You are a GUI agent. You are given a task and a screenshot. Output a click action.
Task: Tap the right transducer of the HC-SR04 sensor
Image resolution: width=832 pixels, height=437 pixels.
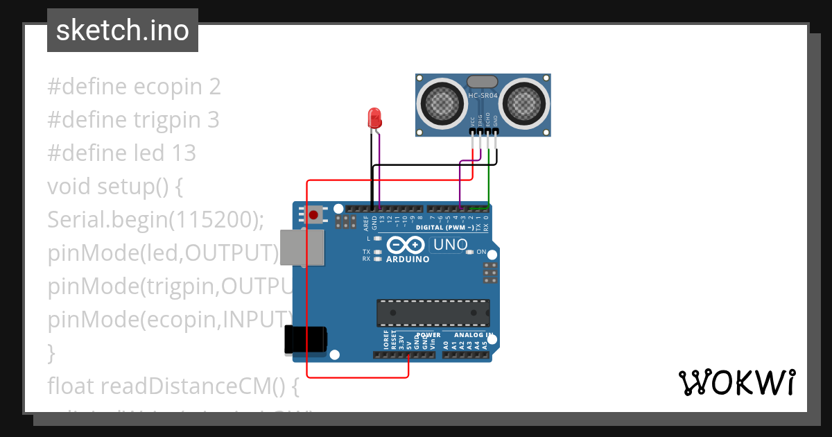[524, 104]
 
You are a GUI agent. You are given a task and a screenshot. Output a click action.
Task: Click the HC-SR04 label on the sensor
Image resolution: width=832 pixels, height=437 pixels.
[483, 96]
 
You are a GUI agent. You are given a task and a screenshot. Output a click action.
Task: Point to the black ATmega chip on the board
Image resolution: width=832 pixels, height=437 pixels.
[433, 313]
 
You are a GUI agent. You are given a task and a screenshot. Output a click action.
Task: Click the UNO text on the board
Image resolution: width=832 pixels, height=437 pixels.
[449, 245]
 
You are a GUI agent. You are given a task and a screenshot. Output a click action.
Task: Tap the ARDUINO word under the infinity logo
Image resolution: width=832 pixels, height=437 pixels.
[408, 259]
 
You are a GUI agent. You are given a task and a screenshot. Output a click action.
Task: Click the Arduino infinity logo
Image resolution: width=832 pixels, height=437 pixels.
[406, 245]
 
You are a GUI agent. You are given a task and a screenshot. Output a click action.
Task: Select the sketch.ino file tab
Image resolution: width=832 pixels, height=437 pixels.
[123, 31]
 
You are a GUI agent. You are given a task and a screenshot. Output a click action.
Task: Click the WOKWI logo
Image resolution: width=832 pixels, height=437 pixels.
[736, 382]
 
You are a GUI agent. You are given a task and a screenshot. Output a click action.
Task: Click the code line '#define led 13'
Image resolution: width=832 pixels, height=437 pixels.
[121, 153]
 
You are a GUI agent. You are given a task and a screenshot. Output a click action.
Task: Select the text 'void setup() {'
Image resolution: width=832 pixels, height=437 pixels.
[114, 187]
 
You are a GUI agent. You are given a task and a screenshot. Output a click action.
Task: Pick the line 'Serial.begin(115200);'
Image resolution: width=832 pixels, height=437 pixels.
[156, 220]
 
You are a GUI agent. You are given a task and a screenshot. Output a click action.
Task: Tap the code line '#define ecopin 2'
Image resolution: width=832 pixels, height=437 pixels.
[134, 87]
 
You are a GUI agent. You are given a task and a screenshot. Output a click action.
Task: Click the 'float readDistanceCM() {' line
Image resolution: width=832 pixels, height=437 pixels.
[173, 385]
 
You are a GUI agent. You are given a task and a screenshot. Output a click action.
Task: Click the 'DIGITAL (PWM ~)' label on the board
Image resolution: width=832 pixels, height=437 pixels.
[444, 228]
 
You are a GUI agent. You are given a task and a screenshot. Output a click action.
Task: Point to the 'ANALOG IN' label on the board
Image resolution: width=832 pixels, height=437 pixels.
[474, 335]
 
